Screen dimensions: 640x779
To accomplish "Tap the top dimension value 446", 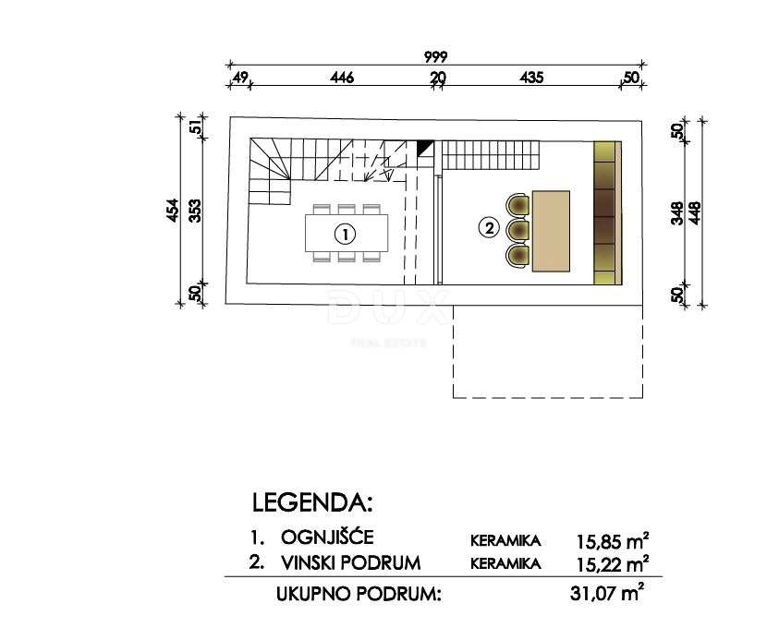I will tap(342, 78).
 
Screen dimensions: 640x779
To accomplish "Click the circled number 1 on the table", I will tap(344, 235).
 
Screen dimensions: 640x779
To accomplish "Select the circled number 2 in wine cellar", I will tap(489, 225).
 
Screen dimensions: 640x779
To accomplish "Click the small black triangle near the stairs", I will tap(425, 148).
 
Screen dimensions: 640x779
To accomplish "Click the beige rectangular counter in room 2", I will tap(552, 231).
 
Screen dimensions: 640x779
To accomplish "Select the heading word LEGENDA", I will tap(311, 503).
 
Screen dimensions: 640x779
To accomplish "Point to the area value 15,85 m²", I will tap(610, 537).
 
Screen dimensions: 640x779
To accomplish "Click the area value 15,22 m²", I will tap(610, 562).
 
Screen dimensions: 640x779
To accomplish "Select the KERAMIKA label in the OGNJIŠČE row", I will tap(505, 538).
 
